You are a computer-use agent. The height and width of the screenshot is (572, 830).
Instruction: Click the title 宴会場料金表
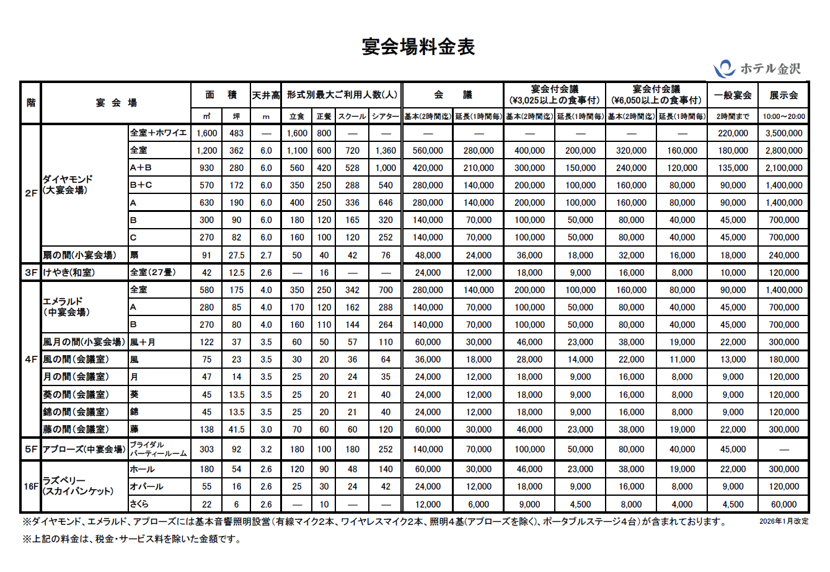[418, 46]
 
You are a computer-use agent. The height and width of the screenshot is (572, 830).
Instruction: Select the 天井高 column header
[266, 95]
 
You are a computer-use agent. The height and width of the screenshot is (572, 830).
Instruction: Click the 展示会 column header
[784, 95]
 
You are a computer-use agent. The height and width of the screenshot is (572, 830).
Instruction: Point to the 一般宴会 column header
[733, 95]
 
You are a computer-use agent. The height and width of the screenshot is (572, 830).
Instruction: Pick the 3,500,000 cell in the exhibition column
[784, 133]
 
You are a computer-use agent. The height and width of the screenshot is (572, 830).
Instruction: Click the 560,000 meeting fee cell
[428, 151]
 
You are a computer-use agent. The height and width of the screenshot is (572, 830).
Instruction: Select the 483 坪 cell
[236, 133]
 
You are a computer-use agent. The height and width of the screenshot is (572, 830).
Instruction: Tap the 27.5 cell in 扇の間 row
[236, 255]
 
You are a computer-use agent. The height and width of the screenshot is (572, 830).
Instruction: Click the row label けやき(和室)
[69, 273]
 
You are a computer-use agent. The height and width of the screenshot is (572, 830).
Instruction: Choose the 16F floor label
[31, 486]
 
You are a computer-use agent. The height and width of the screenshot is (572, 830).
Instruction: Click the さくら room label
[139, 504]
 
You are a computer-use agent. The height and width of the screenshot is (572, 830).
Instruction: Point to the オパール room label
[146, 486]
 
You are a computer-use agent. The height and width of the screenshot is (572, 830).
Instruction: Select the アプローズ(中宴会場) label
[84, 449]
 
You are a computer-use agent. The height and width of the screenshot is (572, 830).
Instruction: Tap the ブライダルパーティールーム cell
[157, 449]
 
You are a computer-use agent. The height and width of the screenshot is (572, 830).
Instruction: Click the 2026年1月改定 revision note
[784, 521]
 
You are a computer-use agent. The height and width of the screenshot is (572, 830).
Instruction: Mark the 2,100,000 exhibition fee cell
[784, 168]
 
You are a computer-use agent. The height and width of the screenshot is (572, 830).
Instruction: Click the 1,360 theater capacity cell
[386, 151]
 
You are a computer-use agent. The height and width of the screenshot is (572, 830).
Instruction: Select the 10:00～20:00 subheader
[784, 116]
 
